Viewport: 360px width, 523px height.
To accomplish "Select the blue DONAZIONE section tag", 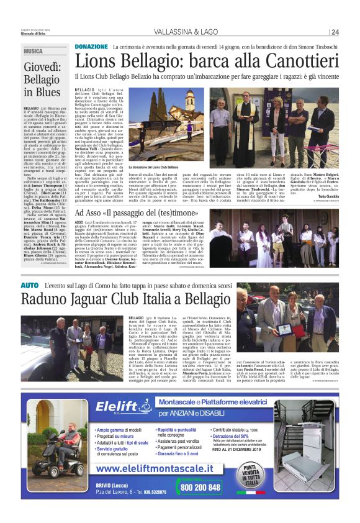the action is coord(91,47).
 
